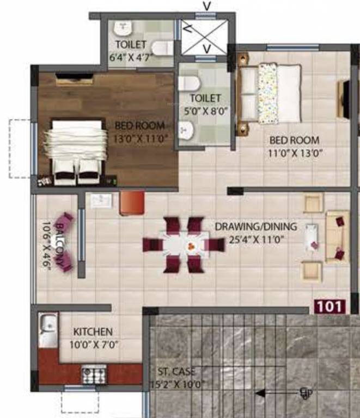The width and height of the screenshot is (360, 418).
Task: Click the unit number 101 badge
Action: pyautogui.click(x=330, y=306)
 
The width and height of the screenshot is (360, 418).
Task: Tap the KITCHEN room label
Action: pyautogui.click(x=93, y=331)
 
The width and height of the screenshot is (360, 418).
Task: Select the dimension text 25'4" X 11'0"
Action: pyautogui.click(x=255, y=238)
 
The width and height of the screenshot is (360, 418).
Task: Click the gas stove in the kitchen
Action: pyautogui.click(x=94, y=373)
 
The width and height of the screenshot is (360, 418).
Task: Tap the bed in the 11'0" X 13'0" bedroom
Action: pyautogui.click(x=271, y=94)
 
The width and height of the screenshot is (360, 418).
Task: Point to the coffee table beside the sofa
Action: pyautogui.click(x=313, y=237)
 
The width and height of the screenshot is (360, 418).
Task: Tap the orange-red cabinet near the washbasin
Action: pyautogui.click(x=132, y=201)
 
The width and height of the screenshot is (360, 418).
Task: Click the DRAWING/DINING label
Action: pyautogui.click(x=255, y=226)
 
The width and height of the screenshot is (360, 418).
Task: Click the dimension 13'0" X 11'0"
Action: pyautogui.click(x=140, y=138)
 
